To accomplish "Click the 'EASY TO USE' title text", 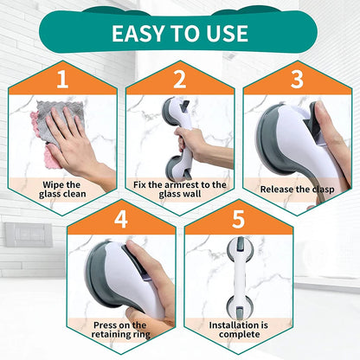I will pos(179,34).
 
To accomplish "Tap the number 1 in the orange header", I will pos(61,80).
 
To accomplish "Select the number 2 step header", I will pos(179,80).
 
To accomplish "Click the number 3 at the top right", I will pos(297,80).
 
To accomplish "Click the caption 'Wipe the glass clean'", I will pos(61,189).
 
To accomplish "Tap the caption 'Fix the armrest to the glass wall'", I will pos(179,189).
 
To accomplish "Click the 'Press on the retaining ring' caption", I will pos(120,330).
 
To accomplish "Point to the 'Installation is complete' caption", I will pos(238,330).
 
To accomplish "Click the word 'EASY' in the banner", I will pos(138,34).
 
